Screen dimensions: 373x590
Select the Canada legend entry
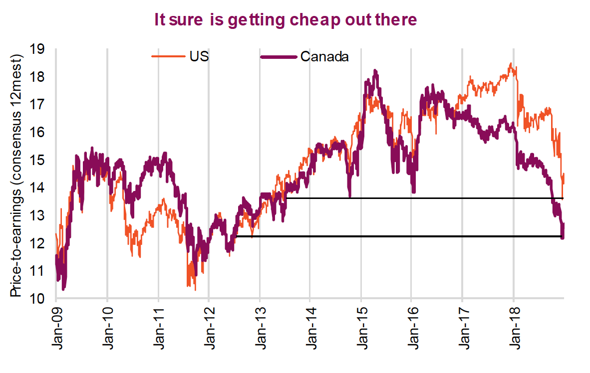(x=324, y=56)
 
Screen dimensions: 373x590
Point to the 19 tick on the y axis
(x=37, y=49)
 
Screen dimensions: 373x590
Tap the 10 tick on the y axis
(x=37, y=299)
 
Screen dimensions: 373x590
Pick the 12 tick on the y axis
(x=37, y=244)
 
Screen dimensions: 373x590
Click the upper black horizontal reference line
(x=424, y=198)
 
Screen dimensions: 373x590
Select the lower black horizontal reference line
(x=399, y=236)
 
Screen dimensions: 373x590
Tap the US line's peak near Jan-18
(x=510, y=64)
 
